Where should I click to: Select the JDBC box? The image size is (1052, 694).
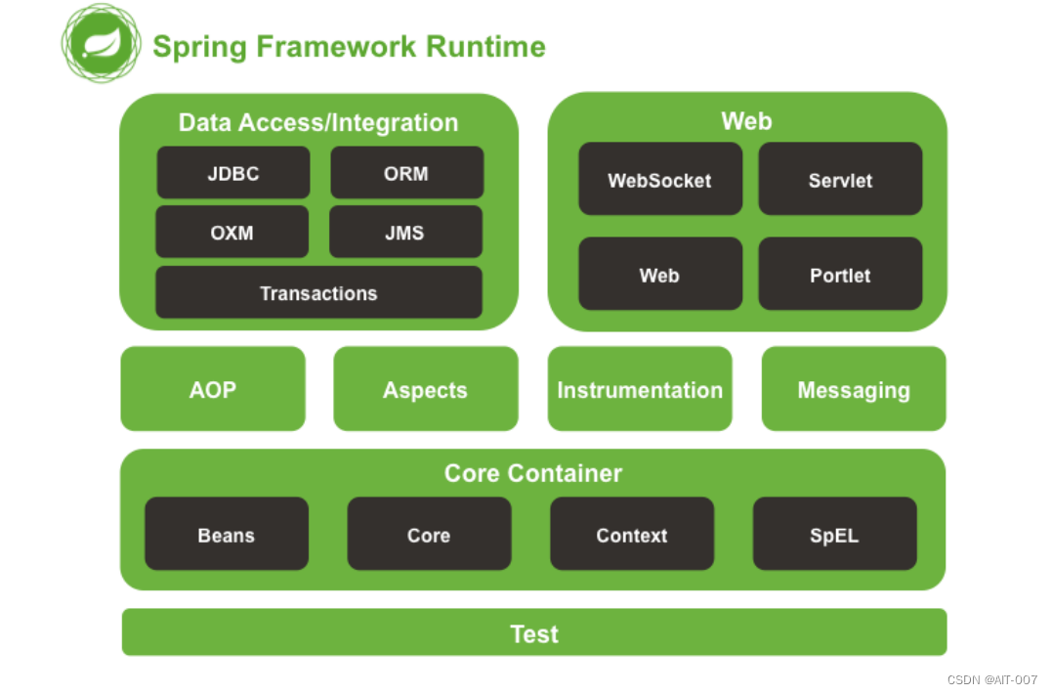[233, 173]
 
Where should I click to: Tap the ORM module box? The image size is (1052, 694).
[406, 173]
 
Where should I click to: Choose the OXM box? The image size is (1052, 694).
[231, 233]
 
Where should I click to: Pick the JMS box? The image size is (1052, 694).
[405, 233]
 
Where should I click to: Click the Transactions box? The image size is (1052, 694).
[318, 292]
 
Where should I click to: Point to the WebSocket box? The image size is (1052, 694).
[659, 179]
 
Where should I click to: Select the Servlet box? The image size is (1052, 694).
[840, 179]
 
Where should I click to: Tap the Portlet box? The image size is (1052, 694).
[840, 275]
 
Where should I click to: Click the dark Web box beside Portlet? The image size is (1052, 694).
[659, 275]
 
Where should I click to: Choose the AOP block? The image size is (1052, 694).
[213, 389]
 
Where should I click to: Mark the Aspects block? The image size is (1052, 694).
[426, 389]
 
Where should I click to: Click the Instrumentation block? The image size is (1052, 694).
[640, 389]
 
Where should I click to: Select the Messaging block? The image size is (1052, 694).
[854, 389]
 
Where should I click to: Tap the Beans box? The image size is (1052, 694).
[227, 535]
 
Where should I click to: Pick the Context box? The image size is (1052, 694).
[632, 535]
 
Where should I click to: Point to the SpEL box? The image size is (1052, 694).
[834, 535]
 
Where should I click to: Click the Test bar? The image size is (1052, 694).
[534, 632]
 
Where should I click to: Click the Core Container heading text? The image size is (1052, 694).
[533, 473]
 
